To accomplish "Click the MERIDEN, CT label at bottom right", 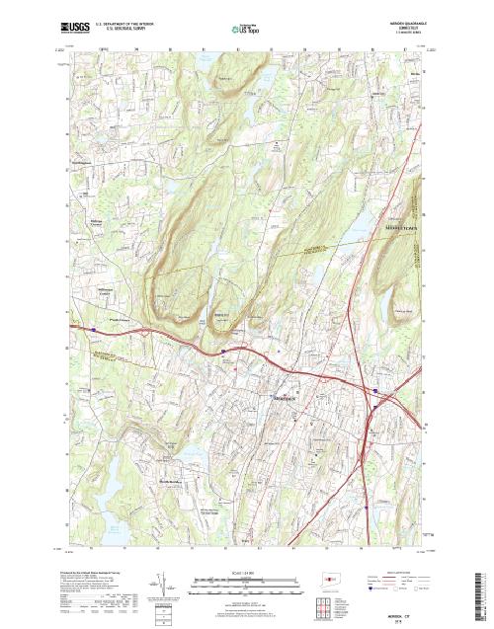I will (402, 614).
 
